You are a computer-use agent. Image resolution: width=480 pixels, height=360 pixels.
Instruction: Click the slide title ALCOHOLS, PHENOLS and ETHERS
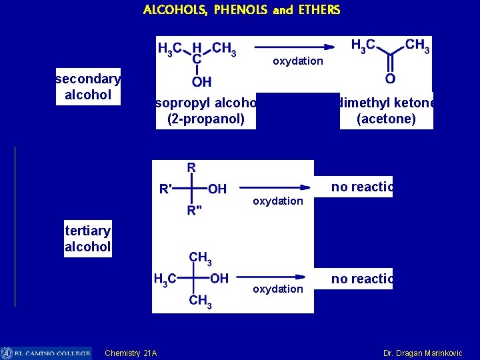[x=241, y=10]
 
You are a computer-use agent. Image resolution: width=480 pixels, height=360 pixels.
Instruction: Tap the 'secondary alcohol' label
[x=88, y=87]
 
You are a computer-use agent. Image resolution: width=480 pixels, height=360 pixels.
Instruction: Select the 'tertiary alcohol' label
[x=87, y=239]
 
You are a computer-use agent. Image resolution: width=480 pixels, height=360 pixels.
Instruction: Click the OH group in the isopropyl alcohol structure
[x=201, y=82]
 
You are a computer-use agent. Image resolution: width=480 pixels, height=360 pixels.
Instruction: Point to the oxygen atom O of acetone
[x=390, y=79]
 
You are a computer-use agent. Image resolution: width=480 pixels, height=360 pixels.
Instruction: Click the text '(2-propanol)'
[x=205, y=119]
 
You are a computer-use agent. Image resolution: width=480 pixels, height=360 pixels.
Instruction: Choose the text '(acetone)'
[x=386, y=119]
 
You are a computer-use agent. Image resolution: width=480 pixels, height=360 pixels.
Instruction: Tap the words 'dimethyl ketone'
[x=386, y=103]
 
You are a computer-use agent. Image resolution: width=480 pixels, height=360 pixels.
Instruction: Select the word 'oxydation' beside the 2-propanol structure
[x=298, y=61]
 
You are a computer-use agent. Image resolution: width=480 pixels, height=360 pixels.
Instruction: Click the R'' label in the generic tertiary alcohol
[x=195, y=211]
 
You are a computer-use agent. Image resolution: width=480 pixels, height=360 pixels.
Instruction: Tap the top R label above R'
[x=191, y=167]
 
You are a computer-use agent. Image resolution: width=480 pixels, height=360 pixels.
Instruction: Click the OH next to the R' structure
[x=217, y=189]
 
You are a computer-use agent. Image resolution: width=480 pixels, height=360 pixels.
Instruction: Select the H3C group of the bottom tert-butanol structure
[x=165, y=279]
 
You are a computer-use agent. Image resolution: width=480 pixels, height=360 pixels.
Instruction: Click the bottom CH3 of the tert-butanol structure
[x=200, y=301]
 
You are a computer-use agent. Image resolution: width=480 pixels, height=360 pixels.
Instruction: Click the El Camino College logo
[x=45, y=353]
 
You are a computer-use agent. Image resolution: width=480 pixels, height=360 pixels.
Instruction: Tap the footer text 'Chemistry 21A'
[x=131, y=353]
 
